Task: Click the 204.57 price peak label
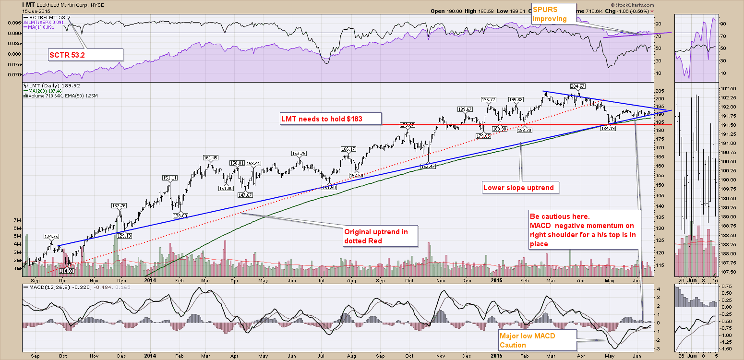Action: coord(577,86)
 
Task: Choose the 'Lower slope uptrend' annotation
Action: coord(521,187)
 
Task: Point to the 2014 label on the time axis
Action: coord(150,280)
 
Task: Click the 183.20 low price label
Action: coord(523,130)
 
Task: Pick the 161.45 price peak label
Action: coord(211,157)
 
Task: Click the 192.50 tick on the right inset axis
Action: coord(731,88)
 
